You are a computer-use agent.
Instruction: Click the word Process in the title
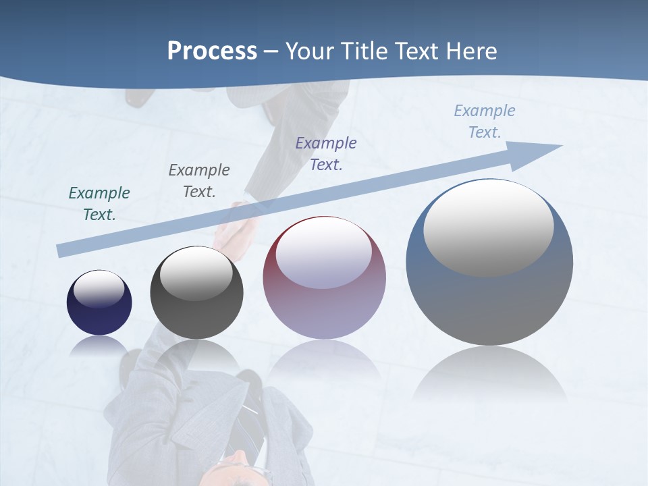click(212, 51)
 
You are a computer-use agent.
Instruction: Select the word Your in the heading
click(310, 51)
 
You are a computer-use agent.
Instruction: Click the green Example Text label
click(99, 204)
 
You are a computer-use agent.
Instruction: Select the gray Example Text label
click(199, 181)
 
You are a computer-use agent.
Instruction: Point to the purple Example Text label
click(326, 153)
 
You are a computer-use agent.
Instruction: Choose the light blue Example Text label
click(485, 122)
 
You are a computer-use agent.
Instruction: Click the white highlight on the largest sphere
click(488, 226)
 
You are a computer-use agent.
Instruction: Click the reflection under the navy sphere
click(99, 346)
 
